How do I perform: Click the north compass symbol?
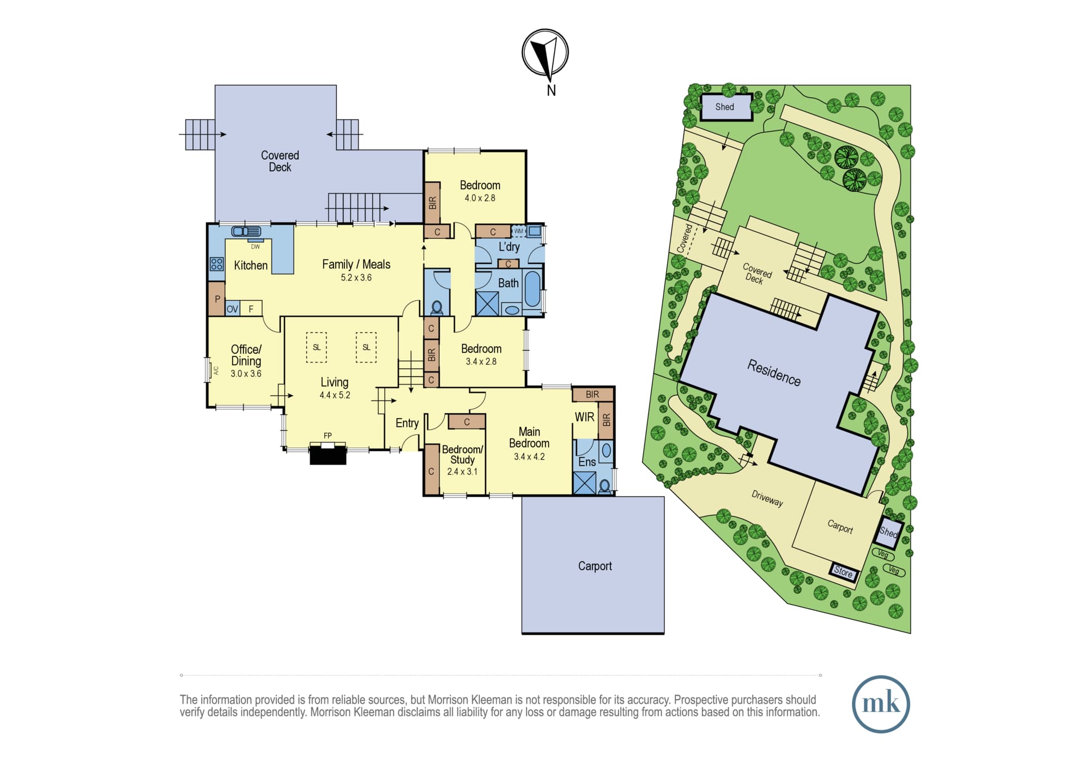pos(545,53)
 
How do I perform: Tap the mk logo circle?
pos(881,703)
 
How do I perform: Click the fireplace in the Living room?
pos(328,454)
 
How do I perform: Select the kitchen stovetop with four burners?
pos(217,264)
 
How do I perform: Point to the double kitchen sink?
pos(246,232)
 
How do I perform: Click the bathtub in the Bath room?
pos(532,289)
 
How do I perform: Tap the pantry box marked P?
pos(217,298)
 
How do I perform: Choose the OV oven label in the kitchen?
pos(233,309)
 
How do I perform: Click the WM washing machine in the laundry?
pos(518,231)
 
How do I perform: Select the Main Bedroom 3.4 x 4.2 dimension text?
pos(529,457)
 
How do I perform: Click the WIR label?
pos(584,417)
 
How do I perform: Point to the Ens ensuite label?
pos(587,462)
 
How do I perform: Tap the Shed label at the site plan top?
pos(724,107)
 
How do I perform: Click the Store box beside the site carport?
pos(843,572)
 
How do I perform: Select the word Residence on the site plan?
pos(774,373)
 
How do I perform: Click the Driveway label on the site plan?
pos(767,498)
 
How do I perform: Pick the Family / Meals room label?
pos(356,264)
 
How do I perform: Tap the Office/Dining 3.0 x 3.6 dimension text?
pos(246,374)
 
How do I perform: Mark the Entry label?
pos(407,423)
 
